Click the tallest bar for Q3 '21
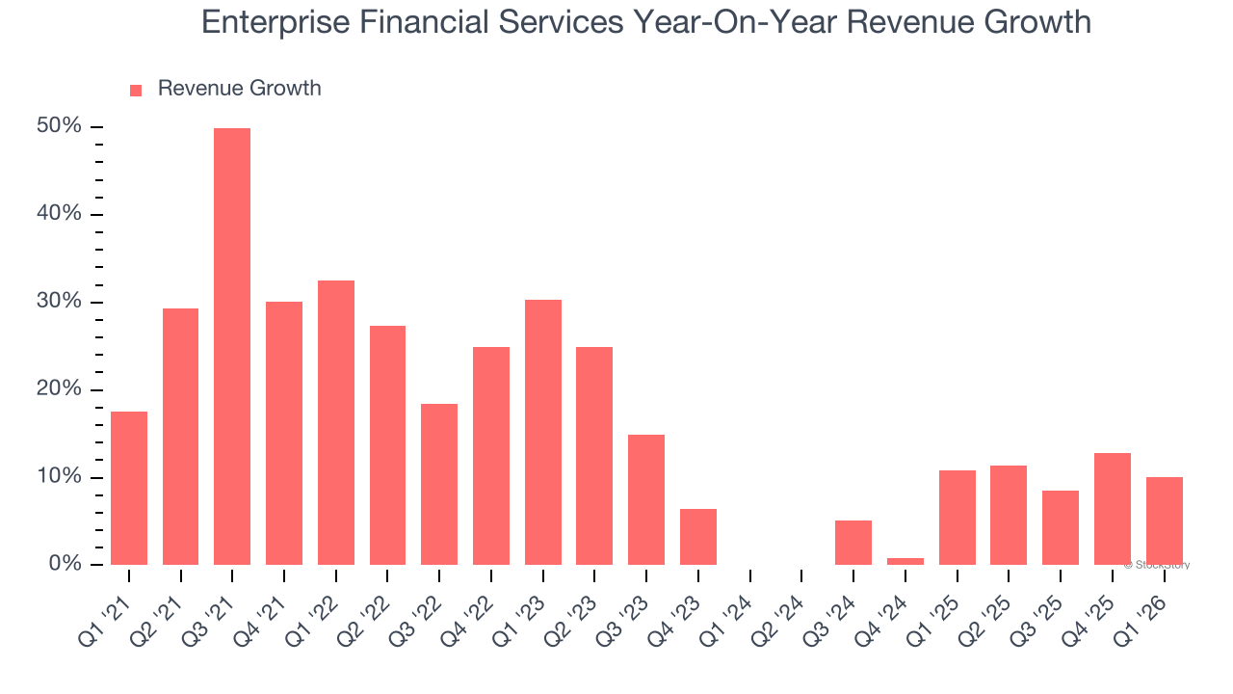[x=232, y=347]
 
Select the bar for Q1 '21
[x=129, y=488]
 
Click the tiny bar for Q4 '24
[x=905, y=561]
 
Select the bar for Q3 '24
[x=853, y=543]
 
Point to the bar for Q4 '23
[x=698, y=537]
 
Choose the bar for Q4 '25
[x=1113, y=509]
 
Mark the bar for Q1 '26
[x=1165, y=520]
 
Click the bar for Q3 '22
[x=439, y=484]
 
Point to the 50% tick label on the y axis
[x=59, y=127]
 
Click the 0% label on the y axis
[x=65, y=565]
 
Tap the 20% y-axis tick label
[x=59, y=389]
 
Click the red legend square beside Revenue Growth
[x=136, y=90]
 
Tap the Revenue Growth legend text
[x=239, y=89]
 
